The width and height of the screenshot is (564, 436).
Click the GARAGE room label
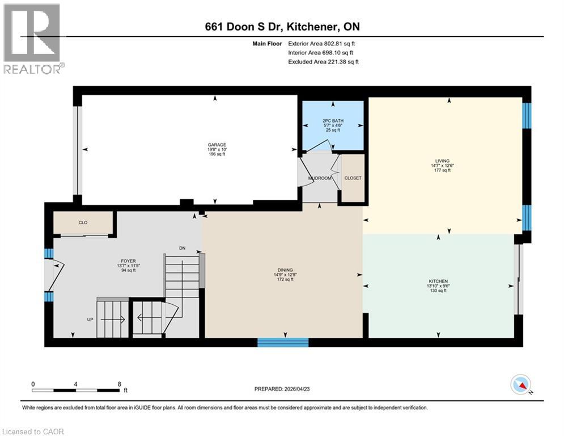point(217,145)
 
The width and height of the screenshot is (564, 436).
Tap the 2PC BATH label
point(333,120)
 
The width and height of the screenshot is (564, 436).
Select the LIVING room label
point(442,161)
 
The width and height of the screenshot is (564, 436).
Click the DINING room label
point(282,270)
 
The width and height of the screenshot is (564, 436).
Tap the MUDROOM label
point(319,178)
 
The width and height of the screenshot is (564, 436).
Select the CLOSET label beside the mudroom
point(353,178)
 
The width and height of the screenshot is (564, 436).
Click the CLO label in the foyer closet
point(83,223)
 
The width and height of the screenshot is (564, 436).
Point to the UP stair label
point(90,320)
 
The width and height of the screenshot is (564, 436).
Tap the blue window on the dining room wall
point(283,342)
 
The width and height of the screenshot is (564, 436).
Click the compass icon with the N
point(520,385)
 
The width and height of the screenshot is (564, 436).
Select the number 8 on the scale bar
point(119,384)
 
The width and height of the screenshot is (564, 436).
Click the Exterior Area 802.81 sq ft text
point(322,43)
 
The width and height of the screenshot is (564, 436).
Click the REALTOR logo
point(32,39)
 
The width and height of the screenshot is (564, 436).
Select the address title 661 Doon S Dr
point(282,27)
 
